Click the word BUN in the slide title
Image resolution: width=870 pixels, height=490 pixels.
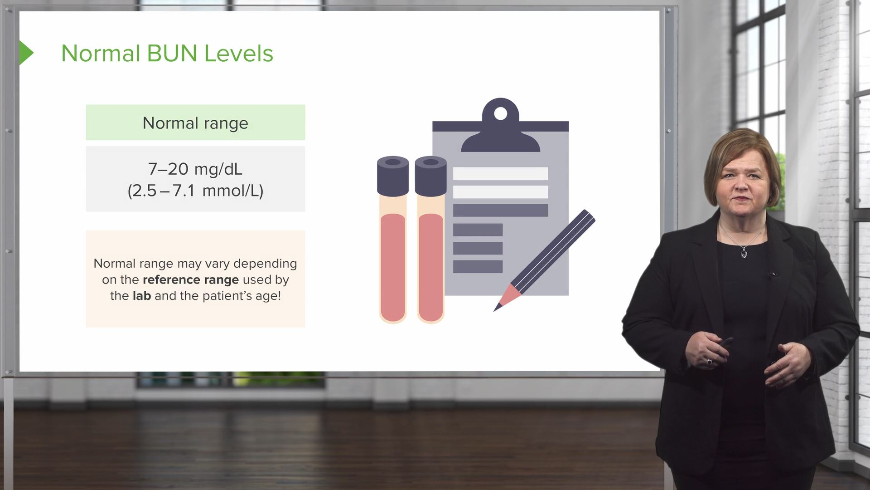coord(172,54)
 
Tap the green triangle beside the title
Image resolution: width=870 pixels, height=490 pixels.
coord(26,53)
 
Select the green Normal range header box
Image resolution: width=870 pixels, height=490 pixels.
coord(195,122)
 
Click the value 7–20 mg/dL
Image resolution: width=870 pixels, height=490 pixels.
coord(195,169)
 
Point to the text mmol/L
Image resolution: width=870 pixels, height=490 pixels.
coord(232,191)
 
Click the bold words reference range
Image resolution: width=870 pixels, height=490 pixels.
coord(190,279)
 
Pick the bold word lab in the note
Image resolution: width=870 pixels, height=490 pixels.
coord(141,296)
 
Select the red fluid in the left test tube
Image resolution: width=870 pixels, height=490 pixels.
coord(393,268)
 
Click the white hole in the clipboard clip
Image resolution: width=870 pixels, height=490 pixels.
coord(500,113)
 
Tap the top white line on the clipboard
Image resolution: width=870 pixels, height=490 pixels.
coord(500,173)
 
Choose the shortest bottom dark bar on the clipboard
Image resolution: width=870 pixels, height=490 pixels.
coord(478,266)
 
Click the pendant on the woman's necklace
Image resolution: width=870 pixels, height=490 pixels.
coord(744,253)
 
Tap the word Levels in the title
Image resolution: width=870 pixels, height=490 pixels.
coord(238,54)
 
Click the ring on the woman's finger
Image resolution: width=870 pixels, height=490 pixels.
coord(709,362)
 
